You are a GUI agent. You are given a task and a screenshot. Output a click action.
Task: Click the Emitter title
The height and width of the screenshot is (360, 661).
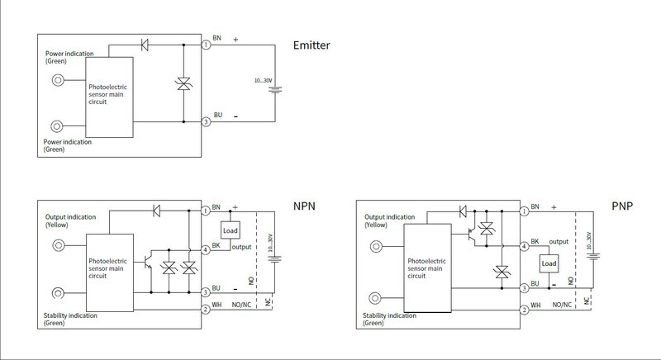coord(311,45)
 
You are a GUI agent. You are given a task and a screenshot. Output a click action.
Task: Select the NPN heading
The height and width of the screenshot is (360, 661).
coord(304,206)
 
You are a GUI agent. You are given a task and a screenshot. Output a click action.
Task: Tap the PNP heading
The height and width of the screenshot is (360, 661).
coord(622,206)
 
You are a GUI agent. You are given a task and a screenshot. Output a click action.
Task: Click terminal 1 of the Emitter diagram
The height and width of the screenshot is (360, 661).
coord(206,45)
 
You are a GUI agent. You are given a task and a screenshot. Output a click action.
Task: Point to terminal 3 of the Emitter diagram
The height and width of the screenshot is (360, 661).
coord(206,122)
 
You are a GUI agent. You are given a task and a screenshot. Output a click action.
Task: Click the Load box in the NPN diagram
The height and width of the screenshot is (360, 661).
coord(231,230)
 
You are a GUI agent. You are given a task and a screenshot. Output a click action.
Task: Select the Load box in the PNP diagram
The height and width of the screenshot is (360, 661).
coord(549,263)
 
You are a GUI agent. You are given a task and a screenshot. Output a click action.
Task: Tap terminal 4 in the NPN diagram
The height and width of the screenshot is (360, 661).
coord(205,250)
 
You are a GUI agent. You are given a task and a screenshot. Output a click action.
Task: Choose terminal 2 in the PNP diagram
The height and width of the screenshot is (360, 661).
coord(524,310)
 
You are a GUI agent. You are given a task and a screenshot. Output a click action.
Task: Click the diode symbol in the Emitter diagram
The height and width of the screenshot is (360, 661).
coord(145,45)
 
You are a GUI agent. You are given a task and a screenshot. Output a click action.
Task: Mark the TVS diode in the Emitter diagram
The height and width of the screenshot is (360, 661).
coord(183,83)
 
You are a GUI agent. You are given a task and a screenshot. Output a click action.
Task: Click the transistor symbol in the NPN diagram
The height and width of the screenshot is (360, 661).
coord(148,261)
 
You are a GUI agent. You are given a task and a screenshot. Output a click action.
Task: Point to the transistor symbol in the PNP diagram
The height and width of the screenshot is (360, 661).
coord(471,236)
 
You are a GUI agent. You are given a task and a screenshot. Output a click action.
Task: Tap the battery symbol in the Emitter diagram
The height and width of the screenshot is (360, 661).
coord(275,89)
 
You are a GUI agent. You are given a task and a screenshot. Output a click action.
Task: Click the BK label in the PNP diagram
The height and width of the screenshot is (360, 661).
coord(535,241)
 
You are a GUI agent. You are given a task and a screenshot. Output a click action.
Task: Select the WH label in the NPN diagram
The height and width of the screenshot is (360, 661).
coord(216,305)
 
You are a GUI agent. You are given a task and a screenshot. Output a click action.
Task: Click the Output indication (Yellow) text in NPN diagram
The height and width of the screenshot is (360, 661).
coord(70,221)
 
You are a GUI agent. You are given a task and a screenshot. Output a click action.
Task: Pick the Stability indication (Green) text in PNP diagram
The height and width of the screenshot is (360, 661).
coord(389,320)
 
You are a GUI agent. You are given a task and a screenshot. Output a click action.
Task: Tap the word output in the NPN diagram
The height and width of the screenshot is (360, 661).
coord(241,247)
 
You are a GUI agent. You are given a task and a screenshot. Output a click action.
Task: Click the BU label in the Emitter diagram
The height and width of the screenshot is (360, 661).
coord(218,115)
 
